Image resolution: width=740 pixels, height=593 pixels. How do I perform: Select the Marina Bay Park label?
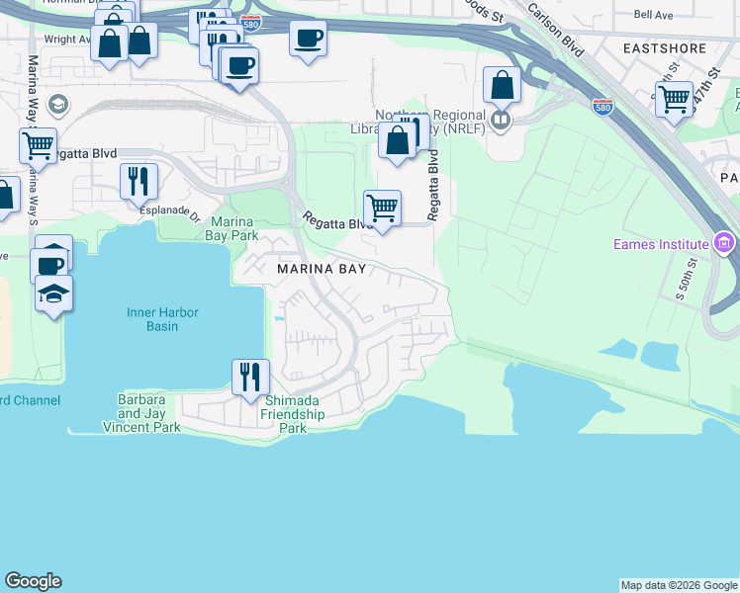click(x=231, y=228)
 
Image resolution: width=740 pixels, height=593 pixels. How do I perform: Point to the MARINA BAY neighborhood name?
click(x=322, y=269)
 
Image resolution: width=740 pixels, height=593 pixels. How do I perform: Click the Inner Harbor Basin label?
click(x=162, y=319)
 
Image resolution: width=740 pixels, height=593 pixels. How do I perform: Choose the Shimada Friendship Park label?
click(x=294, y=407)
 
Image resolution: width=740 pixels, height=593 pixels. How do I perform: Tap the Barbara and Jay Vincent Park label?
click(x=141, y=413)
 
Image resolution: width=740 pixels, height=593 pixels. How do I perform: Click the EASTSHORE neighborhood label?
click(x=664, y=47)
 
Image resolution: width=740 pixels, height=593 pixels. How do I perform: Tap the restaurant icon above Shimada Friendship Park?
click(x=250, y=375)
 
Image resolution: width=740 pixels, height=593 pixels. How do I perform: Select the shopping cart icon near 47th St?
click(x=674, y=98)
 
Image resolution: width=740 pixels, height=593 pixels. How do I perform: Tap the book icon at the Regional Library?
click(x=502, y=121)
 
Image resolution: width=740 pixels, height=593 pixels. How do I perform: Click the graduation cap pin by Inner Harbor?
click(x=53, y=294)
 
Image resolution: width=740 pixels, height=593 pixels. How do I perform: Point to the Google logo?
click(x=33, y=581)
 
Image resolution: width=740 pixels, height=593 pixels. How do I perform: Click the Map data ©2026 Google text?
click(x=679, y=585)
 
